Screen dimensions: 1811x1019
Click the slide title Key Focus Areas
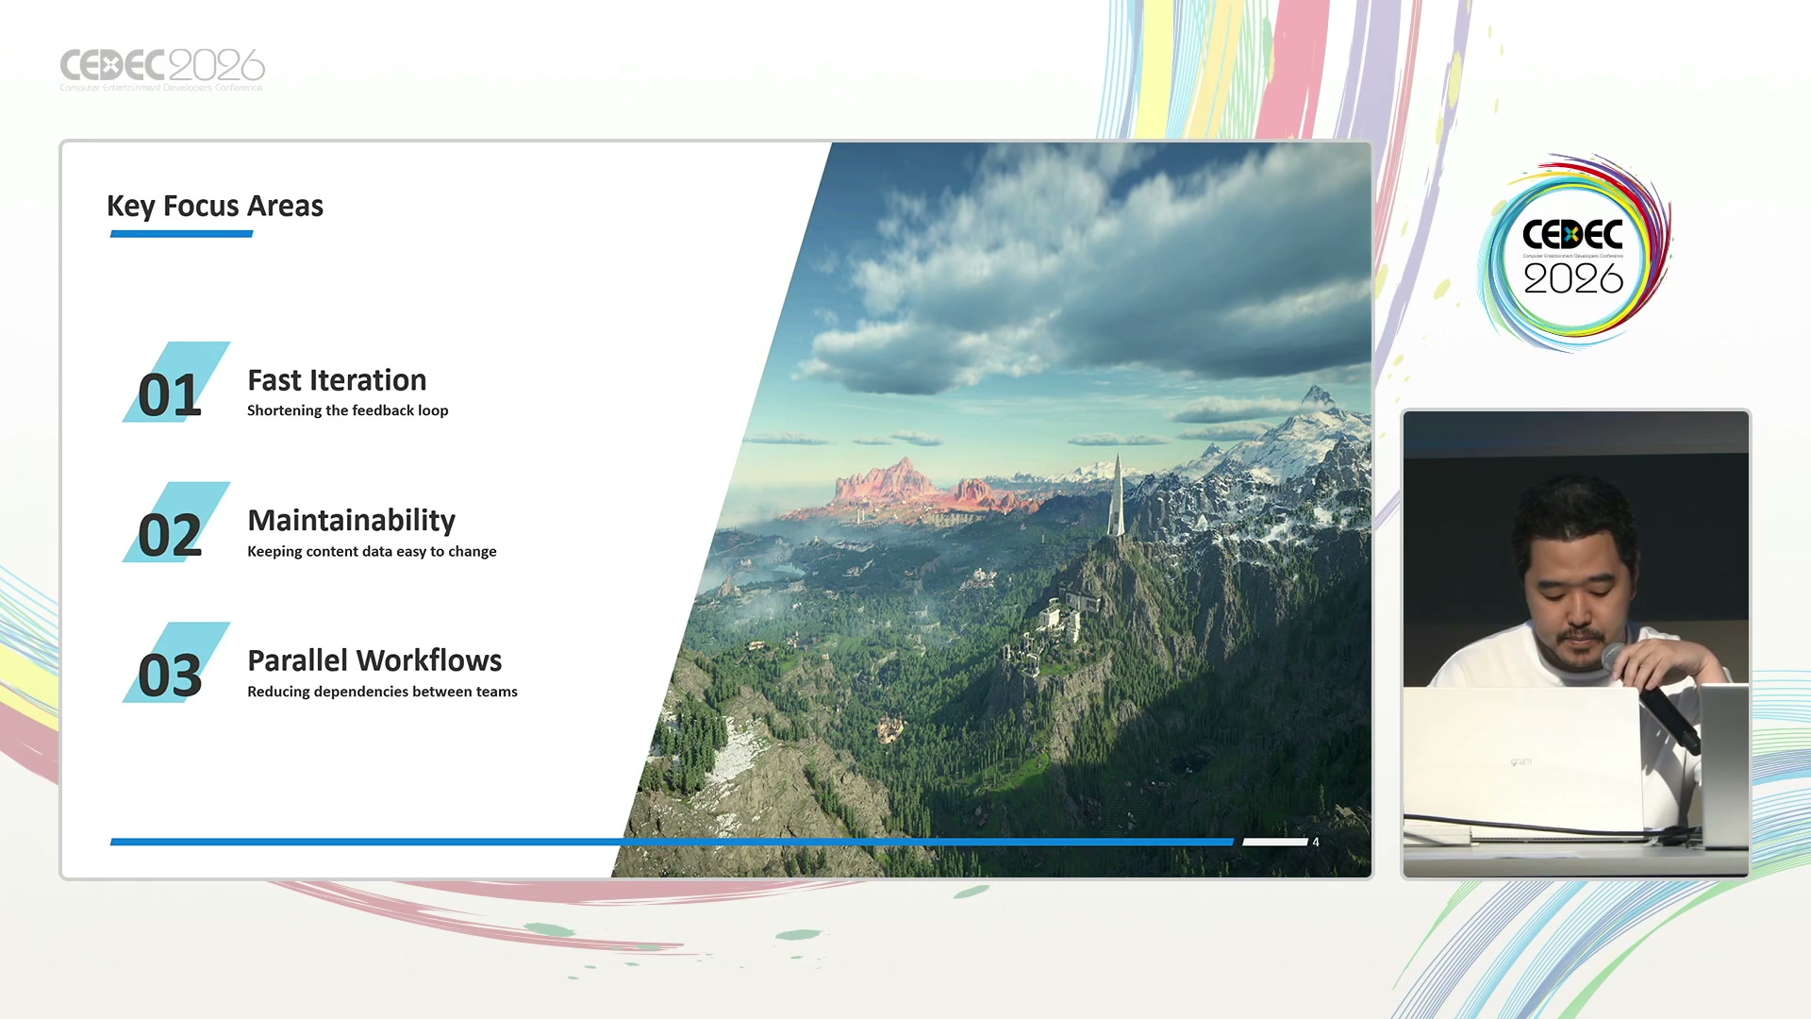(215, 206)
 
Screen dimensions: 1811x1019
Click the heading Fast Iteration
(337, 379)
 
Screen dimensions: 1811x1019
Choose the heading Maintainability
(351, 520)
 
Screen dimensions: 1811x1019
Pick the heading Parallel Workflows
(374, 660)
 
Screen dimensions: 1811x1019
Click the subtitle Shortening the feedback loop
(347, 410)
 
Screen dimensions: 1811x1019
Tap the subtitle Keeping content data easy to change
(372, 551)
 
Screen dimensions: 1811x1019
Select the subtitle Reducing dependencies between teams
(382, 692)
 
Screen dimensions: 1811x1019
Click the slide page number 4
(1316, 842)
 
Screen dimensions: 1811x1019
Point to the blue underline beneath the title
(181, 234)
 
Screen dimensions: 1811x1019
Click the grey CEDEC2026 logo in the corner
(162, 69)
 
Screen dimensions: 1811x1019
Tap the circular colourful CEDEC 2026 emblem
(1573, 253)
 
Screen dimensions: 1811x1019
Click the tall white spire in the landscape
(1117, 495)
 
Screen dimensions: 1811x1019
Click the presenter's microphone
(1653, 696)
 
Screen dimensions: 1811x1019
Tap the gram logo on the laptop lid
(1521, 761)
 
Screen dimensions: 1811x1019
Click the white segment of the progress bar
(1275, 842)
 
